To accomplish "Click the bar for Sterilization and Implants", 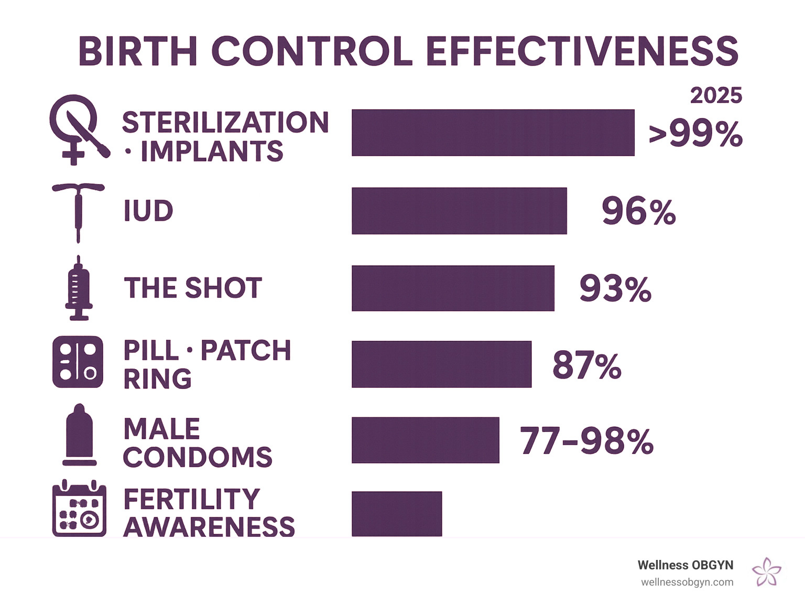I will point(493,133).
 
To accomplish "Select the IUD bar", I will point(459,211).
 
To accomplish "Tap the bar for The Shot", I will point(453,288).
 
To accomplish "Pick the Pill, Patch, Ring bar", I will point(441,364).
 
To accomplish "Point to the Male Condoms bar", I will point(425,440).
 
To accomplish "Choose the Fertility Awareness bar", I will point(397,514).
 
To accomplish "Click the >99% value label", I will point(695,134).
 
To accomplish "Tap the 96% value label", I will point(638,211).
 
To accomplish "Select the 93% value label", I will point(615,288).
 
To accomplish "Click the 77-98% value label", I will point(586,441).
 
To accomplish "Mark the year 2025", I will point(716,95).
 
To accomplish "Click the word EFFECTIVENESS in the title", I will point(582,51).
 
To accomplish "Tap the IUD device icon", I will point(78,212).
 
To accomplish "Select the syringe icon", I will point(79,288).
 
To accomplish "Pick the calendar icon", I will point(79,509).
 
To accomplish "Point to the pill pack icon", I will point(78,362).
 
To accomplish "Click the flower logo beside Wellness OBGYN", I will point(766,571).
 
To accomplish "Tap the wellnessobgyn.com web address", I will point(687,582).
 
